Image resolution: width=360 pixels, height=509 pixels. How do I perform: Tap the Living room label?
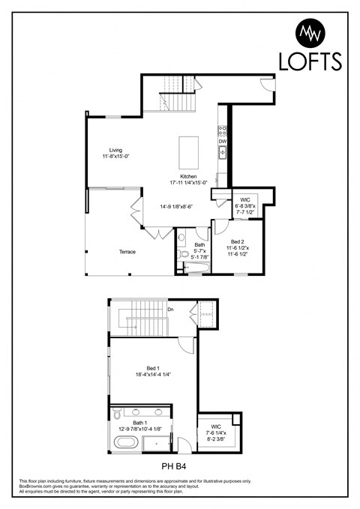coord(115,150)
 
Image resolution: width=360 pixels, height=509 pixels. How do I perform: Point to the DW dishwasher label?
coord(222,141)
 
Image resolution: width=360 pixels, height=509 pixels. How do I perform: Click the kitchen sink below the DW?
coord(222,152)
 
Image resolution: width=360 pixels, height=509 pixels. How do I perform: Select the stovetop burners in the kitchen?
coord(222,130)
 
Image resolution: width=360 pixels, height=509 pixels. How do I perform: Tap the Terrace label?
coord(127,252)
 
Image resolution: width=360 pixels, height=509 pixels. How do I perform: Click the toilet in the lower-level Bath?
coord(184,255)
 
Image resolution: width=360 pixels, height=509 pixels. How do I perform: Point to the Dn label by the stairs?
coord(171,308)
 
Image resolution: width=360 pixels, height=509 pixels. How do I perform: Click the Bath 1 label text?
coord(140,424)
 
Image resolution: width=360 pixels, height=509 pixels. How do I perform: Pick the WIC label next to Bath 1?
coord(215,427)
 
